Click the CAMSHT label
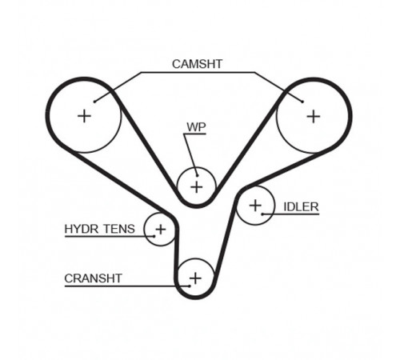pyautogui.click(x=197, y=64)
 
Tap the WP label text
pyautogui.click(x=196, y=127)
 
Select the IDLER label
pyautogui.click(x=301, y=207)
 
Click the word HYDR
pyautogui.click(x=82, y=229)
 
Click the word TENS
pyautogui.click(x=119, y=229)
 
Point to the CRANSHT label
pyautogui.click(x=93, y=278)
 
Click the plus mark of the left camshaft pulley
pyautogui.click(x=84, y=116)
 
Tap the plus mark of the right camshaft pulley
pyautogui.click(x=314, y=117)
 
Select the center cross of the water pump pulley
pyautogui.click(x=197, y=186)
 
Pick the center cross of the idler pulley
pyautogui.click(x=255, y=206)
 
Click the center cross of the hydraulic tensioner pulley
pyautogui.click(x=161, y=230)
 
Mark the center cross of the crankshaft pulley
pyautogui.click(x=195, y=278)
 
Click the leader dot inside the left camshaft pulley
pyautogui.click(x=94, y=102)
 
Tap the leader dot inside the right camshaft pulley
pyautogui.click(x=302, y=102)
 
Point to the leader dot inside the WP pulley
pyautogui.click(x=197, y=175)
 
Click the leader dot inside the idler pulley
pyautogui.click(x=262, y=214)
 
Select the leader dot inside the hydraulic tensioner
pyautogui.click(x=154, y=236)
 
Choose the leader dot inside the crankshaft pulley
pyautogui.click(x=190, y=286)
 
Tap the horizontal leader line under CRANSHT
pyautogui.click(x=127, y=286)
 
